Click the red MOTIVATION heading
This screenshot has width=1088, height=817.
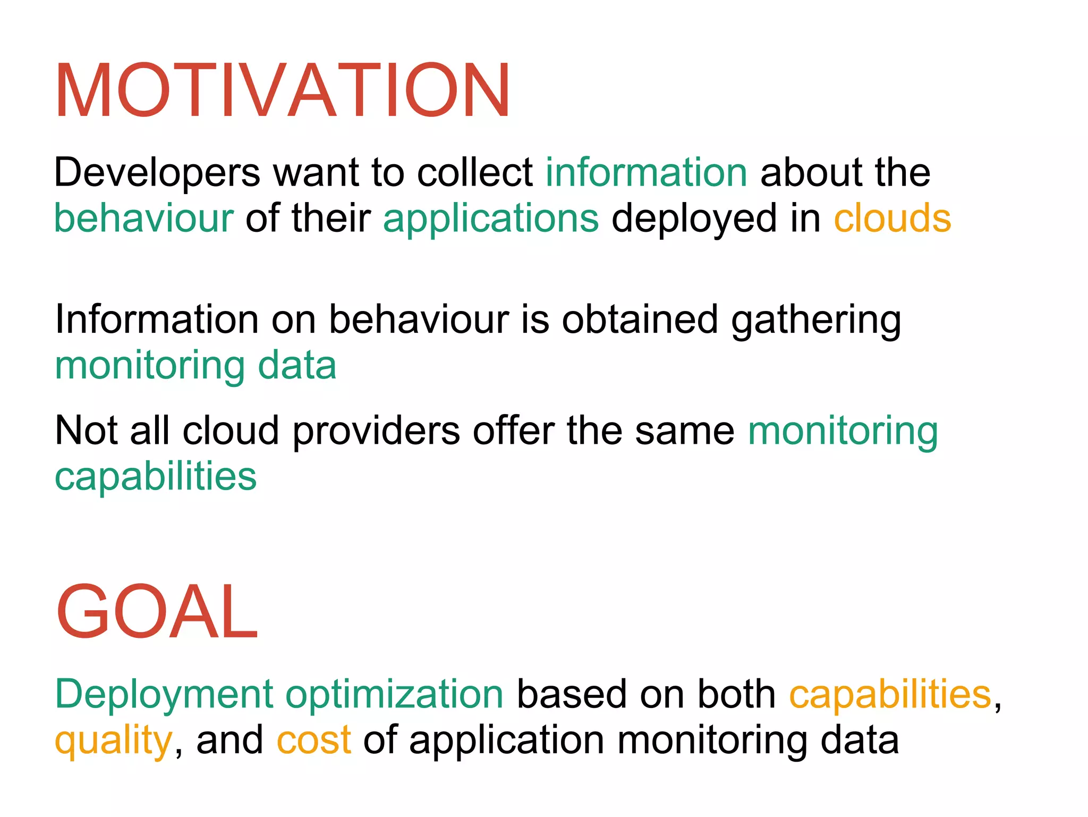pyautogui.click(x=283, y=90)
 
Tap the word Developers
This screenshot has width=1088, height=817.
pyautogui.click(x=157, y=173)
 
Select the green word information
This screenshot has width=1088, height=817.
pyautogui.click(x=647, y=173)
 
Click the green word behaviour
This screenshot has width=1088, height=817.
pyautogui.click(x=143, y=218)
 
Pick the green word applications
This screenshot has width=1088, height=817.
pyautogui.click(x=491, y=218)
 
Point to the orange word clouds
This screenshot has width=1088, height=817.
pyautogui.click(x=892, y=218)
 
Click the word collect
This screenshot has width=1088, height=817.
pyautogui.click(x=475, y=173)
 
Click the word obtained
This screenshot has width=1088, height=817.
pyautogui.click(x=640, y=319)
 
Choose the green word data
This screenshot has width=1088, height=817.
pyautogui.click(x=297, y=366)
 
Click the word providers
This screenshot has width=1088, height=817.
pyautogui.click(x=376, y=430)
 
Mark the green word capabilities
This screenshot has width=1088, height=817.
pyautogui.click(x=156, y=477)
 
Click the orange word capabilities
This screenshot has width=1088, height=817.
pyautogui.click(x=890, y=694)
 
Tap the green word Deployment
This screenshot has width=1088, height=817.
pyautogui.click(x=164, y=695)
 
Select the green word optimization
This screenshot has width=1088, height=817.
pyautogui.click(x=395, y=695)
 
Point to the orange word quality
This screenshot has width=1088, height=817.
pyautogui.click(x=113, y=741)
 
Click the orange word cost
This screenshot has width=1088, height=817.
pyautogui.click(x=313, y=740)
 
